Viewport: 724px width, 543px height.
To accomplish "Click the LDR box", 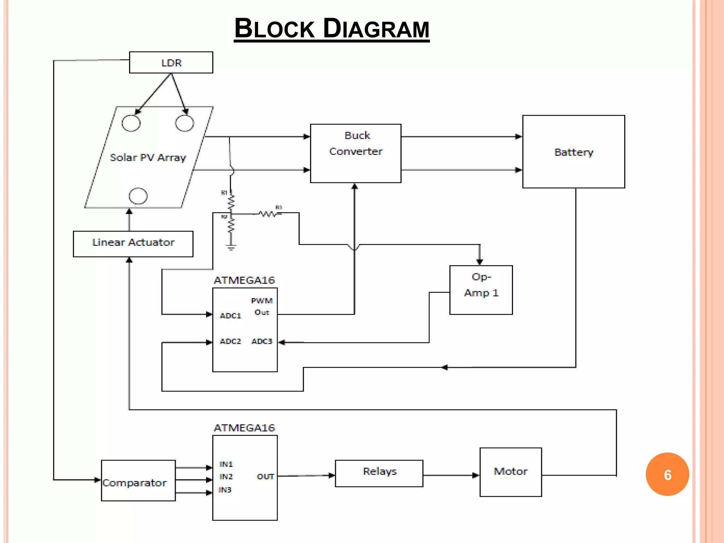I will (x=171, y=63).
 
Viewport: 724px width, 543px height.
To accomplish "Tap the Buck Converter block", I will (x=356, y=153).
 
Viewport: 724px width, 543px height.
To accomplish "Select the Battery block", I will (x=573, y=152).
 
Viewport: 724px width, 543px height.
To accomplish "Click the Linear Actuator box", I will (x=133, y=244).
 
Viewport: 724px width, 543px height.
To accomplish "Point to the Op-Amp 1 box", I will (x=481, y=290).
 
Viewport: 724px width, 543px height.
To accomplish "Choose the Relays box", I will (x=379, y=473).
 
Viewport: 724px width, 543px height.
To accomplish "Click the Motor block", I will (x=510, y=472).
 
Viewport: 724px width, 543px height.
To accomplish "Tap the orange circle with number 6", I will (x=667, y=474).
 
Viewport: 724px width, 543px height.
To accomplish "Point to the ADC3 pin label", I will (x=262, y=341).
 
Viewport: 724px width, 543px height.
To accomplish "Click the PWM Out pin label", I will (x=262, y=306).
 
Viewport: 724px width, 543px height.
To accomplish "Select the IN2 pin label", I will (x=226, y=477).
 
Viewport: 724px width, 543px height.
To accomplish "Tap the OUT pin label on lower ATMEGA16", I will (x=265, y=477).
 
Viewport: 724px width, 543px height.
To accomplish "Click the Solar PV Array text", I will (x=148, y=158).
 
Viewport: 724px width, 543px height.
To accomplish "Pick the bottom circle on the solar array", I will (x=138, y=196).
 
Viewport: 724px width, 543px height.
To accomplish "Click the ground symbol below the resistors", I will (x=231, y=247).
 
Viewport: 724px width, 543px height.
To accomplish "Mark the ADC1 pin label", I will (x=230, y=315).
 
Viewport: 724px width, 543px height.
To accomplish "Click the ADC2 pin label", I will (x=230, y=341).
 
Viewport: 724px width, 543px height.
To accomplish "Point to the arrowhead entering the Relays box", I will (x=331, y=475).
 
